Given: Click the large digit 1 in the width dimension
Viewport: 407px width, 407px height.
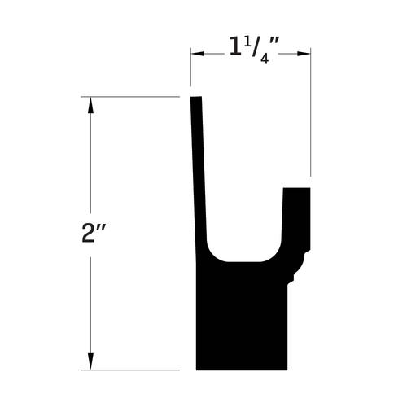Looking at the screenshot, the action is coord(235,46).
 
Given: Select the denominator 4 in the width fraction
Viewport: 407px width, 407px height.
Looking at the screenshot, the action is coord(265,59).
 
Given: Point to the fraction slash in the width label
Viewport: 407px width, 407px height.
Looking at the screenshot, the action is coord(256,47).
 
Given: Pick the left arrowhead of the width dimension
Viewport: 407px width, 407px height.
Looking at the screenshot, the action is coord(197,54).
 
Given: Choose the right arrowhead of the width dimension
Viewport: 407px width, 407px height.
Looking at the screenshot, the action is coord(304,54).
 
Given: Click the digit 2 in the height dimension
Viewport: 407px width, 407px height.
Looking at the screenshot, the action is coord(88,233).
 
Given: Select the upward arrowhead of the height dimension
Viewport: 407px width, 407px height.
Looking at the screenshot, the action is coord(90,105).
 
